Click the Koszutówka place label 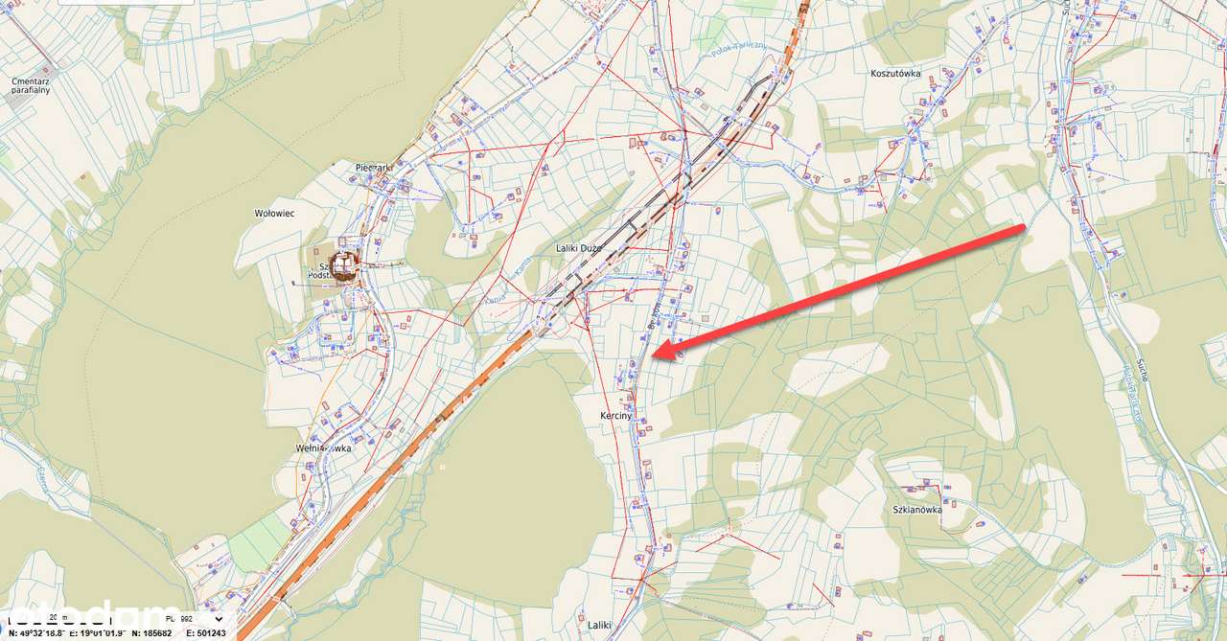click(x=894, y=74)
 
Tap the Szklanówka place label click(x=916, y=510)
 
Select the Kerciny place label click(x=615, y=416)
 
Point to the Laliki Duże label click(x=579, y=248)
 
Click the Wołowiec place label click(x=274, y=214)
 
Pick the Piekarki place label click(x=375, y=168)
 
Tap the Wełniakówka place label click(x=323, y=447)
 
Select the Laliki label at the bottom click(x=599, y=625)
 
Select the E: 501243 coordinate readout click(x=204, y=633)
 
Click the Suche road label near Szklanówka click(x=1143, y=368)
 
